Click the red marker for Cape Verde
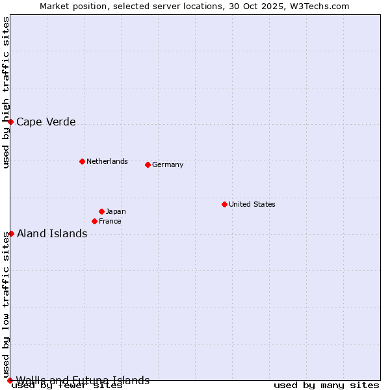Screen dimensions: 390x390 (10, 122)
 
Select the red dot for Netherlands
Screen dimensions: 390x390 (82, 161)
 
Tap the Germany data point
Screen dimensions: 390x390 (148, 164)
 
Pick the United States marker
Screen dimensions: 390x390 (224, 204)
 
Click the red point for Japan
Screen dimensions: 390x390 (101, 211)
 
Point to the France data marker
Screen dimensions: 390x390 (94, 221)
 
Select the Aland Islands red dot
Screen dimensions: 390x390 (11, 233)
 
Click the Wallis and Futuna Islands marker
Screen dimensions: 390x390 (10, 380)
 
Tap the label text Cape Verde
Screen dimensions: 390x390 (46, 122)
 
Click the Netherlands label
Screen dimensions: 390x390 (107, 161)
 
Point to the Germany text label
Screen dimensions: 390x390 (168, 164)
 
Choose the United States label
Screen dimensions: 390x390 (252, 204)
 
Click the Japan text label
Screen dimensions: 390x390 (116, 211)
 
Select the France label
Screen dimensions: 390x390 (110, 221)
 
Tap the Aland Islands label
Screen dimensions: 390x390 (52, 233)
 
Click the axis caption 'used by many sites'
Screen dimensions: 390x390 (326, 385)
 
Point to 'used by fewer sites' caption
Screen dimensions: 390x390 (67, 386)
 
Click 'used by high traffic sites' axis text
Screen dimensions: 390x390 (6, 92)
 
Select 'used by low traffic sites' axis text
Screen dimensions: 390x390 (6, 305)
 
